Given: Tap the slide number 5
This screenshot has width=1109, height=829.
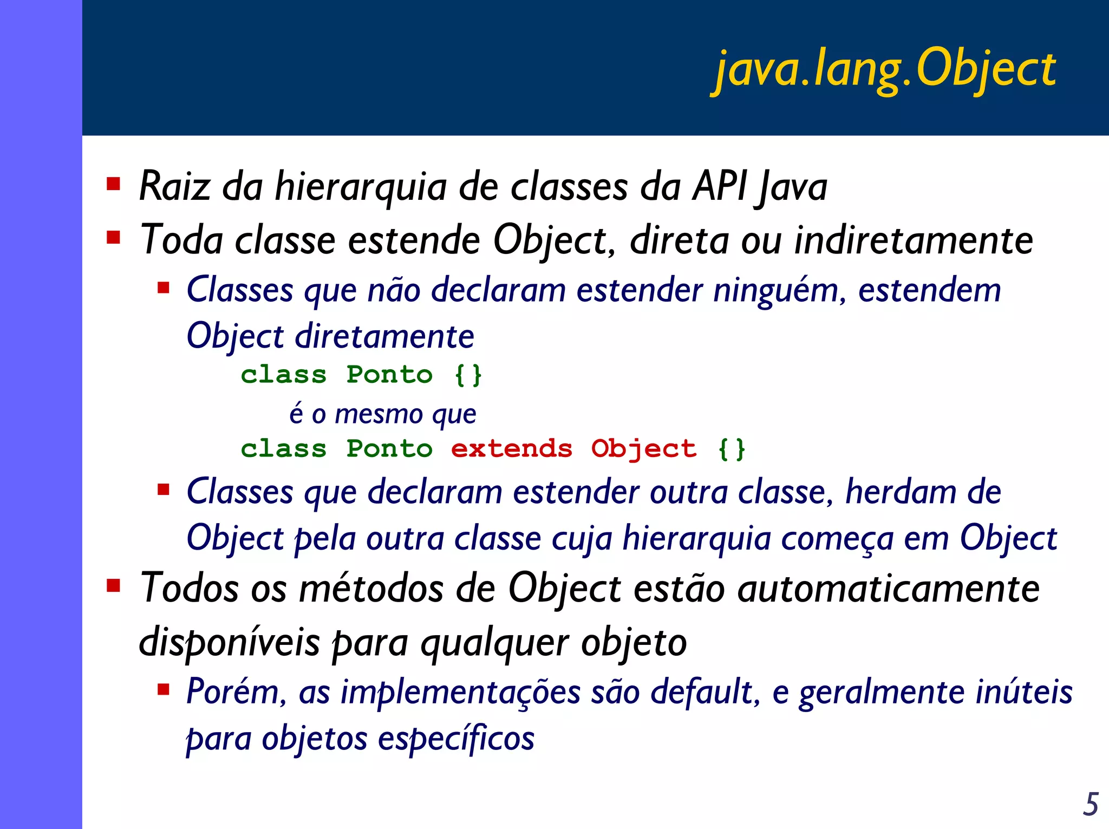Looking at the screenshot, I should click(x=1091, y=804).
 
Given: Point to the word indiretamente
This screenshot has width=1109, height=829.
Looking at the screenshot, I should click(x=914, y=240).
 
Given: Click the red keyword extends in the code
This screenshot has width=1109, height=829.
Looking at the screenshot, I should click(x=511, y=449).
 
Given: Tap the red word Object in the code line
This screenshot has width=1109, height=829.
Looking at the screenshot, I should click(x=643, y=449).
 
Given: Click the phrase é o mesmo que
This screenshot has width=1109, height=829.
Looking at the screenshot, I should click(x=383, y=414).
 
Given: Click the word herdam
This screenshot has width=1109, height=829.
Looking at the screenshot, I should click(x=901, y=492).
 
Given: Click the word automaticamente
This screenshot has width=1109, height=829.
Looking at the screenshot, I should click(x=888, y=589).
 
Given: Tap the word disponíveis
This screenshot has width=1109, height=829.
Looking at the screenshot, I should click(x=229, y=643).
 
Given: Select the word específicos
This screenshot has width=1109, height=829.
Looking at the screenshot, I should click(x=456, y=739).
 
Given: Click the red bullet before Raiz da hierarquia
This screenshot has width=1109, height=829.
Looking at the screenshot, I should click(x=113, y=184).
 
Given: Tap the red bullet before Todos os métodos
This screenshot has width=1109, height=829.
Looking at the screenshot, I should click(x=113, y=586).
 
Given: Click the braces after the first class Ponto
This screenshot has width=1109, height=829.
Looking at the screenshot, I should click(x=468, y=375).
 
